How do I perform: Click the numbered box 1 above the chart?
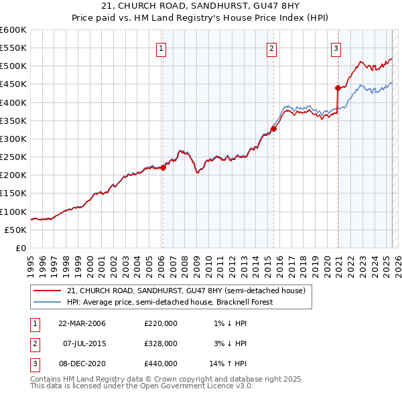162,48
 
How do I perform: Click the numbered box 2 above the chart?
272,48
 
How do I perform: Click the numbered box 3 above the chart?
335,48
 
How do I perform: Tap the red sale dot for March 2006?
163,168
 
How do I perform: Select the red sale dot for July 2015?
273,129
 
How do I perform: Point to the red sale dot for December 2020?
338,88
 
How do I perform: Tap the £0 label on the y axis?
21,248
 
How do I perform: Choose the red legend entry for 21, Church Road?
186,291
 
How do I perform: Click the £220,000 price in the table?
161,323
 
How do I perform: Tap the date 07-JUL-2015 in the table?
82,343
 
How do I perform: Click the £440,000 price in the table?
161,364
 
